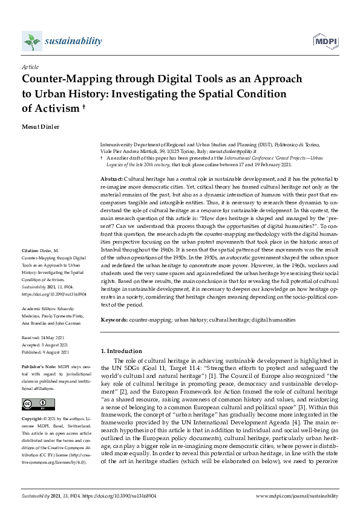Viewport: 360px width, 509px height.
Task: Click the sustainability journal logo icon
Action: pyautogui.click(x=31, y=41)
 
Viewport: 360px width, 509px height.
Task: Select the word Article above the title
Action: pyautogui.click(x=30, y=67)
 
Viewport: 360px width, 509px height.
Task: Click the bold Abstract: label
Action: pyautogui.click(x=111, y=180)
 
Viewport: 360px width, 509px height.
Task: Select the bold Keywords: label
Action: pyautogui.click(x=114, y=319)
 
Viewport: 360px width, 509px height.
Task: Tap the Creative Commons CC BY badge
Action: pyautogui.click(x=34, y=404)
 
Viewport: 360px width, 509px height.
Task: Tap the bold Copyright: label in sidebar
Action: pyautogui.click(x=34, y=419)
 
